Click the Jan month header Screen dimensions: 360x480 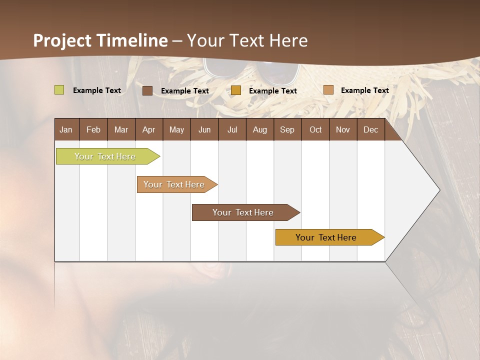pos(66,129)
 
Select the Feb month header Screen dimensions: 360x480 pos(93,129)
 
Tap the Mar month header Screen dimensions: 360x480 pos(121,129)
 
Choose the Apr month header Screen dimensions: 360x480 pos(148,129)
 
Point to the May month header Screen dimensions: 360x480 pos(176,129)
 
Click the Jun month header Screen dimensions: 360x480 pos(204,129)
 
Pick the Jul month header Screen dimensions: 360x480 pos(232,129)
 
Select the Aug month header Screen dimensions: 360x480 pos(259,129)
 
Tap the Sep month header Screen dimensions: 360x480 pos(287,129)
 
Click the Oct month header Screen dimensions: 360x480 pos(315,129)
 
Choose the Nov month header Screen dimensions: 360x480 pos(343,129)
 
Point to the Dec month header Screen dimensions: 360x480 pos(370,129)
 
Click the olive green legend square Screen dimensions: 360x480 pos(59,90)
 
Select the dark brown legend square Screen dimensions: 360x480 pos(147,90)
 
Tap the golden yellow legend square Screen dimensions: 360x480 pos(236,90)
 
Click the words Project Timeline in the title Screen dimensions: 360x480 pos(100,40)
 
